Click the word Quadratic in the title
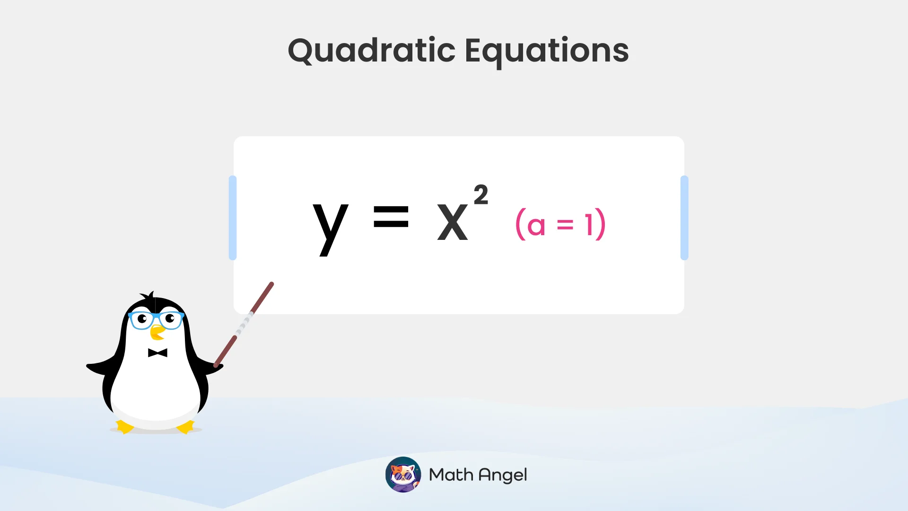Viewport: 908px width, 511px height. pos(372,51)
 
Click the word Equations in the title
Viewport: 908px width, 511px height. pos(547,51)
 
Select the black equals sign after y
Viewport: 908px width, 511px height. pos(391,217)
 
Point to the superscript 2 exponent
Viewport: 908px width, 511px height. pos(481,195)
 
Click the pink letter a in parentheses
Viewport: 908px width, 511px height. pos(536,226)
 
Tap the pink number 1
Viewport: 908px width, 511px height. pos(589,225)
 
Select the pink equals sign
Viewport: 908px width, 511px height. pos(565,225)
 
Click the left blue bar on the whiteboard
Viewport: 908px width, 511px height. pos(232,218)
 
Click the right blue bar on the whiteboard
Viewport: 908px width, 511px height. pos(684,218)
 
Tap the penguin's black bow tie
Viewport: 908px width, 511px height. pos(157,353)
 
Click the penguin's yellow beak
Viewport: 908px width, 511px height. pos(157,333)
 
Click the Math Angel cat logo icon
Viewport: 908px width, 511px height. pos(403,475)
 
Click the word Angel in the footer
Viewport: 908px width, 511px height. pos(503,475)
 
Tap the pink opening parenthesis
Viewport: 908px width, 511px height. pos(520,224)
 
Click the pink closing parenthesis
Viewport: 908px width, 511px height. pos(601,224)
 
